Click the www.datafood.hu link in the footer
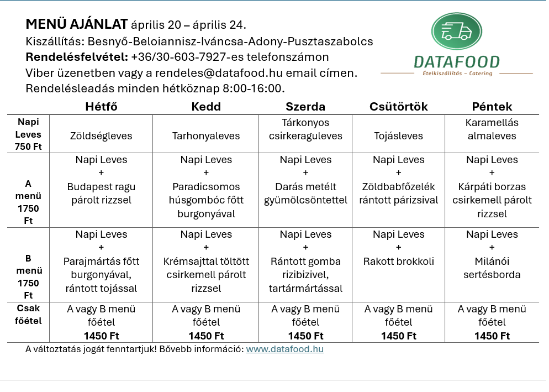[284, 349]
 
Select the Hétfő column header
[101, 107]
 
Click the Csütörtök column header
[398, 107]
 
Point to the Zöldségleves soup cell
[101, 136]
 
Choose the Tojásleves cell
[398, 136]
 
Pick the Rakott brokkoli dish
[398, 262]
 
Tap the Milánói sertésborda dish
[492, 268]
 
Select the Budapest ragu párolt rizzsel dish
[101, 194]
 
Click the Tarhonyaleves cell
[206, 136]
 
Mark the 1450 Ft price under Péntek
[492, 336]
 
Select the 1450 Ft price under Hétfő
[101, 336]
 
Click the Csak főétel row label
[28, 315]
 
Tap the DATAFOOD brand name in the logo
[456, 62]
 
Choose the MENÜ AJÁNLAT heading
[77, 25]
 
